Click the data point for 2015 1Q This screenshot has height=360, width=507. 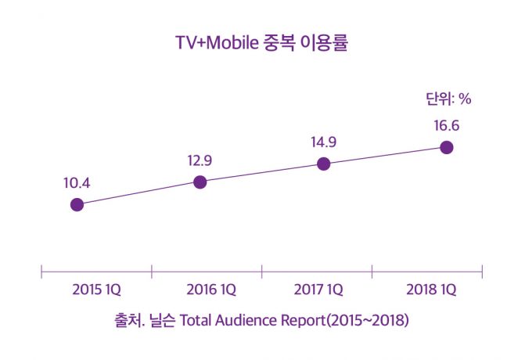(x=77, y=205)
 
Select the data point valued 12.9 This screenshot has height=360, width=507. (x=200, y=182)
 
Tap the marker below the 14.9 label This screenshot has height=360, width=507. (x=324, y=164)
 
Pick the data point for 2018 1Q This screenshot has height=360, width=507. (x=447, y=146)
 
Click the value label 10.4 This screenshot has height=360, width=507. (x=77, y=184)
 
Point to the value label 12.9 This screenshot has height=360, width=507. (x=200, y=161)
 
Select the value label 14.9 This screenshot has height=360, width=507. (x=324, y=142)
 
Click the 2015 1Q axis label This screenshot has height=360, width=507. (x=96, y=290)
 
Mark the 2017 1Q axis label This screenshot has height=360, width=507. (x=318, y=290)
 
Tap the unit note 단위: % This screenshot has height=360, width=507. (x=448, y=99)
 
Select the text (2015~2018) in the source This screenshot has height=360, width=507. (x=365, y=321)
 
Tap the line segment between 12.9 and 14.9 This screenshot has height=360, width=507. (x=262, y=173)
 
